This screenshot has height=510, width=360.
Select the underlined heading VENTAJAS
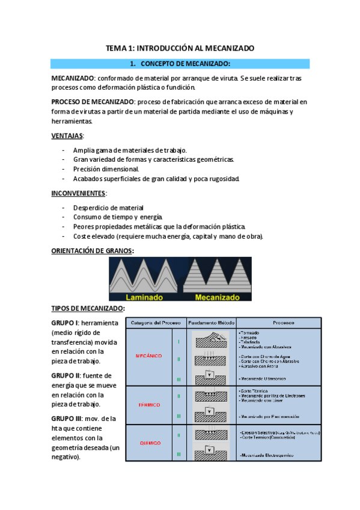pos(67,135)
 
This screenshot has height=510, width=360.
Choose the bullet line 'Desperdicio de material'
pos(108,207)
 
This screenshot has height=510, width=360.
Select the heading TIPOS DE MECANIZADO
pos(88,309)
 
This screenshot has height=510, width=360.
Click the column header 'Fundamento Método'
pos(211,322)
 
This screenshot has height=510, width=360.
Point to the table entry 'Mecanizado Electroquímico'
pos(269,456)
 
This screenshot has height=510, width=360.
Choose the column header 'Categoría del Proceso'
pos(156,322)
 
